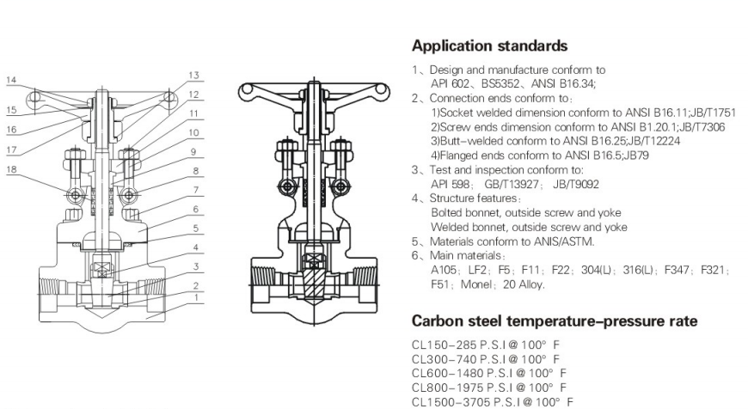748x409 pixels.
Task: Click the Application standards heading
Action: (x=490, y=46)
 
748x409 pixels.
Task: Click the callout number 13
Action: (x=194, y=75)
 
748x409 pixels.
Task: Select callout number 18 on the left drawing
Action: (x=11, y=168)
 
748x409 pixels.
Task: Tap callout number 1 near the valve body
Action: (x=196, y=297)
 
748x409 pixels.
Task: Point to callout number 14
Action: (x=11, y=80)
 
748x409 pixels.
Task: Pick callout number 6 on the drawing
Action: (x=196, y=209)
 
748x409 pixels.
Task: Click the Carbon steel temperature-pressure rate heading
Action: (x=555, y=321)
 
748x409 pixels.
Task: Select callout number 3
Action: (x=196, y=266)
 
